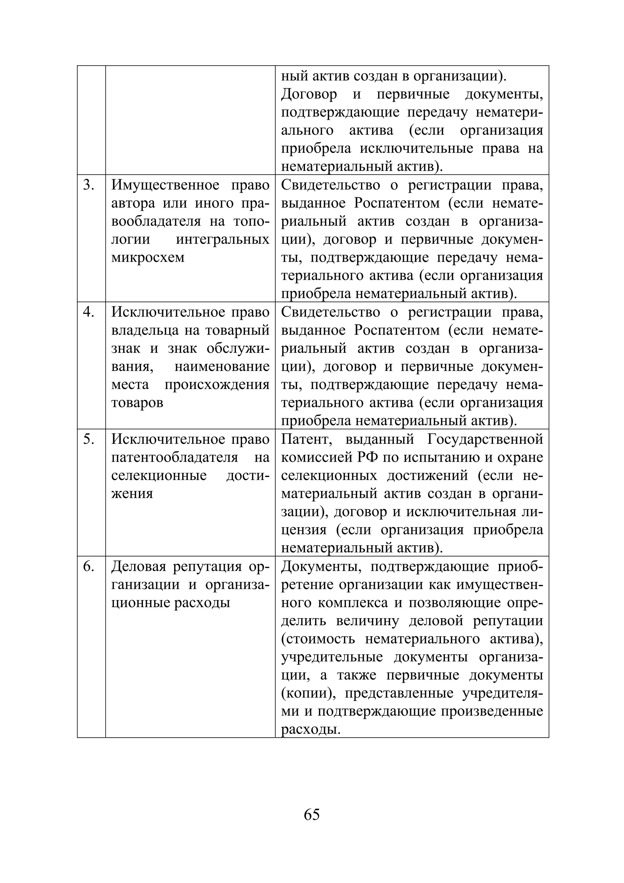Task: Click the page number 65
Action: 311,814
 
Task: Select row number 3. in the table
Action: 89,185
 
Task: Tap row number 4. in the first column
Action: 89,312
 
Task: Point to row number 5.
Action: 89,439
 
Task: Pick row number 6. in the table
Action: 89,567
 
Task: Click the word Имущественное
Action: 165,185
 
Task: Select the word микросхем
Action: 148,258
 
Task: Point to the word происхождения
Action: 217,385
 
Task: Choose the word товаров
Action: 137,403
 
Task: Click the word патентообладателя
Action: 175,458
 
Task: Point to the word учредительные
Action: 332,657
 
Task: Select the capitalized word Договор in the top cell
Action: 309,94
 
